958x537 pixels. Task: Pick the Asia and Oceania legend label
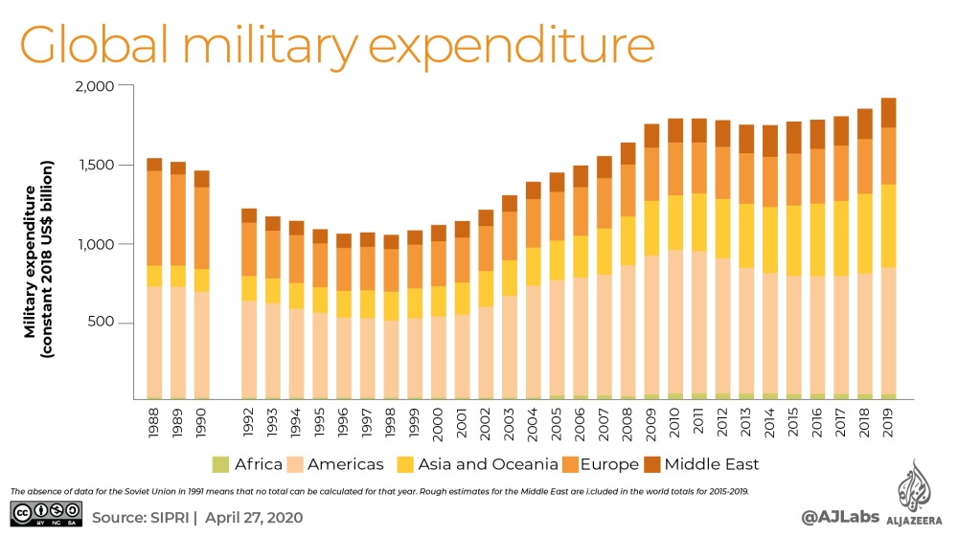tap(486, 464)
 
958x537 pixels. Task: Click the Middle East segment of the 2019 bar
tap(888, 112)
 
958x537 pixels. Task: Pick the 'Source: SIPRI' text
tap(144, 517)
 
